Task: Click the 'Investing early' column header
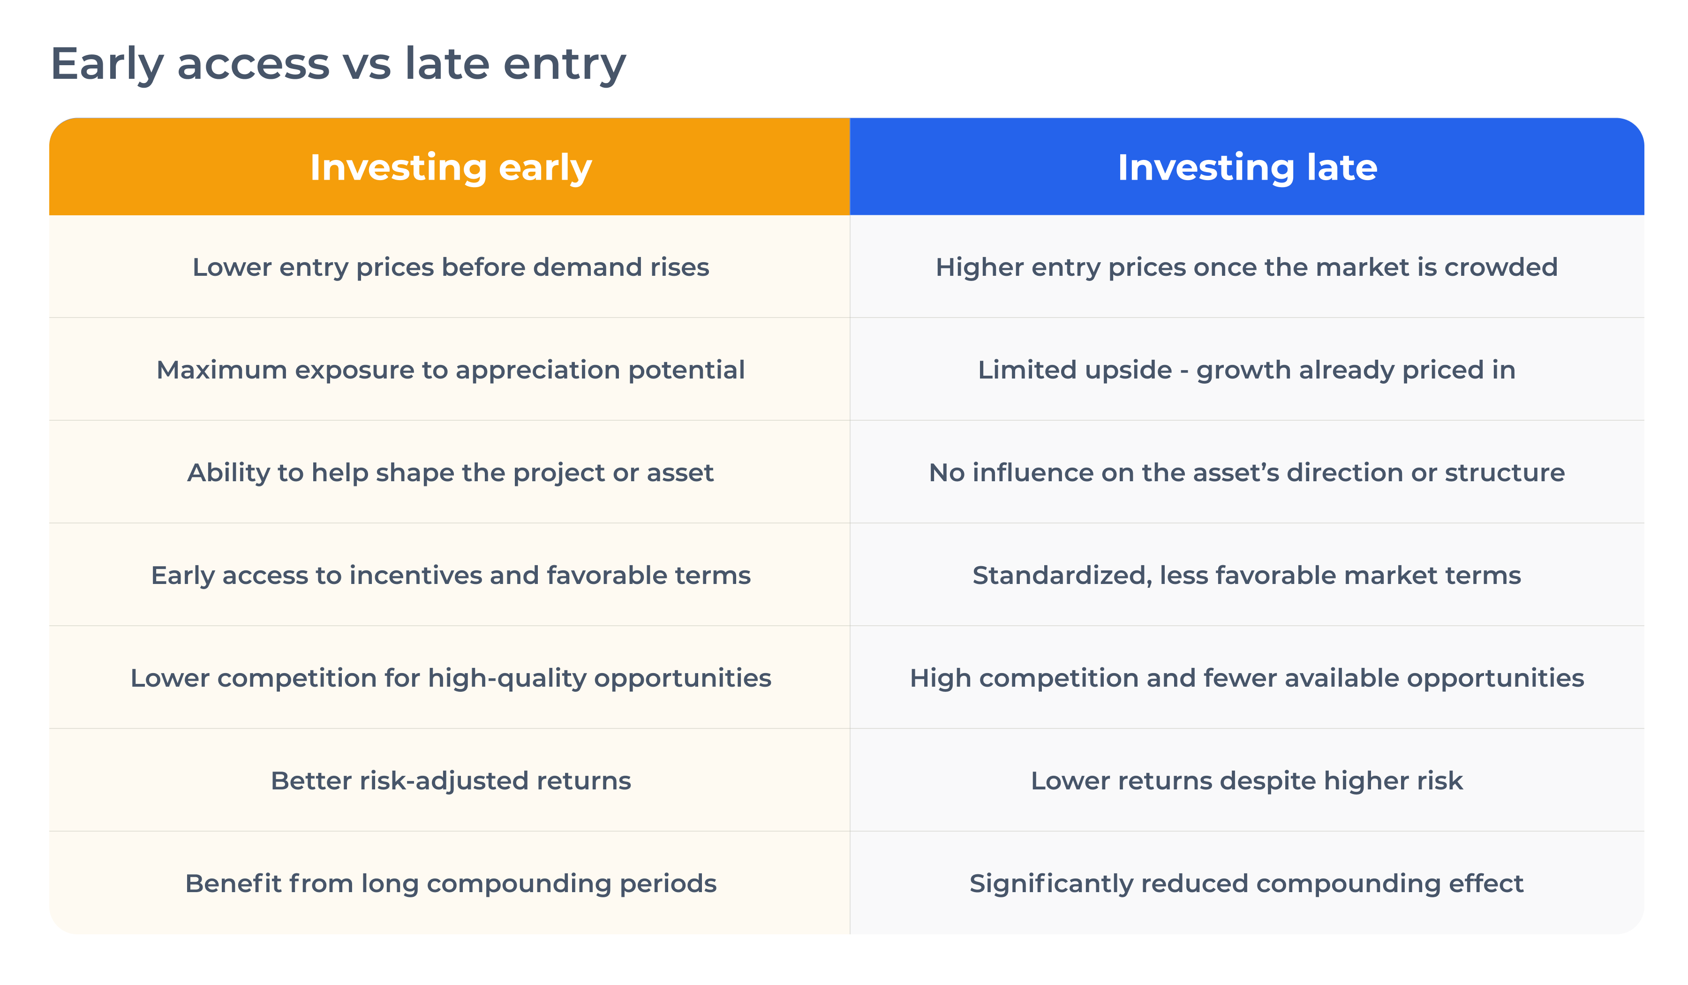[450, 167]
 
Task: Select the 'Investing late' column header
[1247, 167]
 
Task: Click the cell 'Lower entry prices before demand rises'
[450, 267]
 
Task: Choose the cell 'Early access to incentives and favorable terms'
[450, 576]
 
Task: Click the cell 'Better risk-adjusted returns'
[450, 780]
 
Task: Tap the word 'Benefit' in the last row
[233, 883]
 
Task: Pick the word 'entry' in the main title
[564, 66]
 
